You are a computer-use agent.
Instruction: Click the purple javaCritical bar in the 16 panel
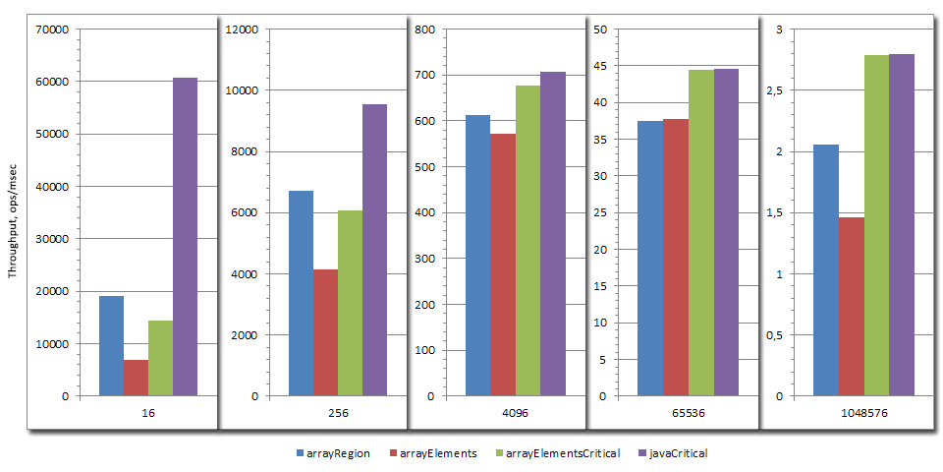click(x=185, y=237)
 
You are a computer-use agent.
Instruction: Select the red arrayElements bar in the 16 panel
click(x=136, y=379)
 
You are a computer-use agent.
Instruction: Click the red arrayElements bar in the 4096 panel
click(x=503, y=265)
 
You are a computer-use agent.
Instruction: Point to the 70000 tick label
click(x=50, y=29)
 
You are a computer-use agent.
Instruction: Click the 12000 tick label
click(x=242, y=29)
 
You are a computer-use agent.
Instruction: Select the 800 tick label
click(x=425, y=29)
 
